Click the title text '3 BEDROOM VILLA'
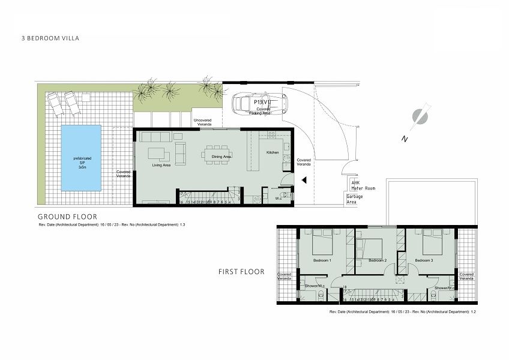coord(50,38)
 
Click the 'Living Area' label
coord(161,165)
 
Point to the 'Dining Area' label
coord(222,157)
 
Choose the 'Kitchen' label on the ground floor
coord(273,153)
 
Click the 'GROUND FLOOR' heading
coord(67,217)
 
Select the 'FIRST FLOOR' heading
coord(241,272)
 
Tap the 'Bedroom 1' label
coord(322,260)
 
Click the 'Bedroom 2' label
coord(377,260)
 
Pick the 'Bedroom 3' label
coord(424,260)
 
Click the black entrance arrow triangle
coord(305,179)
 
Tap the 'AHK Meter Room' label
coord(363,185)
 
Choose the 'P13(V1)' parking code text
coord(262,102)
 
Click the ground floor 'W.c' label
coord(278,198)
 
